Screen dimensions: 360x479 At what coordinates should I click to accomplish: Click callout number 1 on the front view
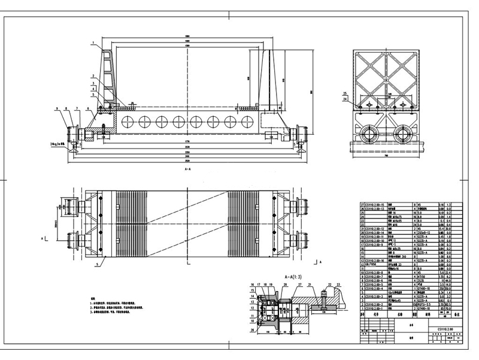(x=93, y=43)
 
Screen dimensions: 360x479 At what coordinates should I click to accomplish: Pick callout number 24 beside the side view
(x=345, y=99)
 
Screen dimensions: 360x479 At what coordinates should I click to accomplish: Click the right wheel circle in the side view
(x=402, y=131)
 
